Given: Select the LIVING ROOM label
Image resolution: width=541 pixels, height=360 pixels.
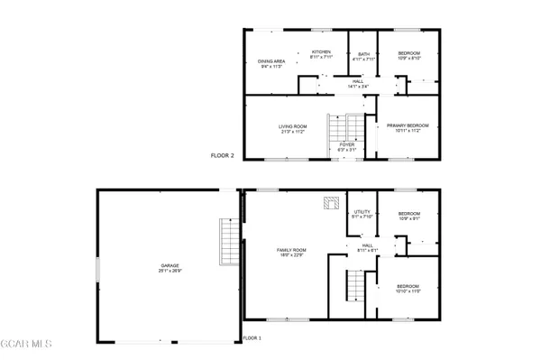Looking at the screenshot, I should [x=292, y=126].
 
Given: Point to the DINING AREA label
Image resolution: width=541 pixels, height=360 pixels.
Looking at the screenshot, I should [x=271, y=61].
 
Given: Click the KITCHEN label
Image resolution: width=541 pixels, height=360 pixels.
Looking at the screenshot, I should [x=322, y=51].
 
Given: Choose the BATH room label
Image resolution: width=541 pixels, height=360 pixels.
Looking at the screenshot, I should [x=363, y=54].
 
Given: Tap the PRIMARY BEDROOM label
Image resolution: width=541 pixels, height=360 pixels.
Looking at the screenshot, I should [x=408, y=125].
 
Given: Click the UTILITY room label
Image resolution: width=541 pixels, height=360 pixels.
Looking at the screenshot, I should [x=362, y=212].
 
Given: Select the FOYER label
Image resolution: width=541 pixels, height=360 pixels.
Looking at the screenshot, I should [x=346, y=143].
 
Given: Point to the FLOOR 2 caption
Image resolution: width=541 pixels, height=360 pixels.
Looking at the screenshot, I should [x=223, y=155].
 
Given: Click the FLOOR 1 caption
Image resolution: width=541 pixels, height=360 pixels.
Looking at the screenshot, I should [x=252, y=337].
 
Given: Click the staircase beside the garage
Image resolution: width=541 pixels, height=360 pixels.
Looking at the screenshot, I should [x=228, y=241].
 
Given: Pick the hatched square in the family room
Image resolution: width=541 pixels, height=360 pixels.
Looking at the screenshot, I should [x=330, y=203].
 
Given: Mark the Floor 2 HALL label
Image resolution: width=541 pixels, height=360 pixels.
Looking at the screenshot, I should [x=358, y=82].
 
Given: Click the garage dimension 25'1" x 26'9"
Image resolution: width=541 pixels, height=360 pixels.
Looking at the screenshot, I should [x=168, y=271].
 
